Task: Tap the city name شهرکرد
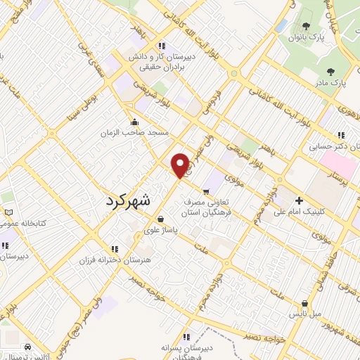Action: pos(127,198)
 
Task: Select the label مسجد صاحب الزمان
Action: pos(134,132)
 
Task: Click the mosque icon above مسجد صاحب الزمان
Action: pos(134,122)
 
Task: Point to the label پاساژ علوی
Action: pos(161,229)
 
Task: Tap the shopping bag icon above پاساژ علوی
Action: pos(161,219)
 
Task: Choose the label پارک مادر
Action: pos(330,82)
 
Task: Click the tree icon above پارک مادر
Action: pos(330,72)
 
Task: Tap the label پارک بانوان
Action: pos(307,37)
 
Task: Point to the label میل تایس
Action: pos(307,312)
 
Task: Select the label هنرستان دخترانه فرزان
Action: pos(114,259)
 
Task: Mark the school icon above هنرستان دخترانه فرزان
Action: pos(114,249)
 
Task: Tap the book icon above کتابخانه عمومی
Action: pos(8,212)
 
